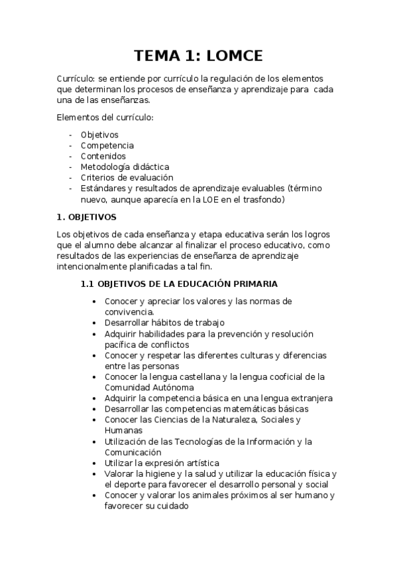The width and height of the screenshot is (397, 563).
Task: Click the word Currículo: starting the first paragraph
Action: (x=76, y=78)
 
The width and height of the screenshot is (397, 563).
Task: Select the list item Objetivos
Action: (x=99, y=135)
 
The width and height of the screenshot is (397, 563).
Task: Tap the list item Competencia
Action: (x=107, y=145)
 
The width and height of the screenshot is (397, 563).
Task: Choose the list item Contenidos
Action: (x=103, y=156)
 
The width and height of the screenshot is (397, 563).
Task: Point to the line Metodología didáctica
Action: (x=125, y=167)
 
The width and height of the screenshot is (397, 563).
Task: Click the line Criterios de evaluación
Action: (x=127, y=177)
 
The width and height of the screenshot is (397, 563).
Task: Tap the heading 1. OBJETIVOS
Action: (x=87, y=216)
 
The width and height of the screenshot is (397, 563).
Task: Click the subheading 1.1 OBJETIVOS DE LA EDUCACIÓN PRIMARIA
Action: (x=178, y=283)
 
